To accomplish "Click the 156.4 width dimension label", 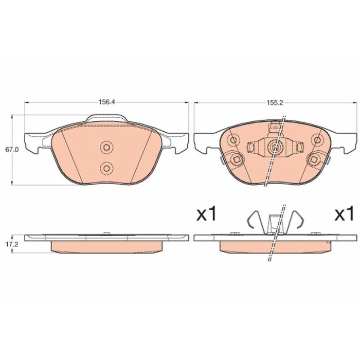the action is (106, 102).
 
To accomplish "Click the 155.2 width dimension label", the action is (275, 103).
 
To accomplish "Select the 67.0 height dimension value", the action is (12, 150).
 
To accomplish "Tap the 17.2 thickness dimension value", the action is (12, 244).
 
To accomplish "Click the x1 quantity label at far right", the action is (344, 214).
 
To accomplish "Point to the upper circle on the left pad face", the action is (106, 147).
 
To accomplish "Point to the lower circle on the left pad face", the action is (106, 169).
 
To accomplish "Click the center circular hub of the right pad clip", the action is (275, 148).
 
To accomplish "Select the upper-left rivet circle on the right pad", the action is (234, 140).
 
